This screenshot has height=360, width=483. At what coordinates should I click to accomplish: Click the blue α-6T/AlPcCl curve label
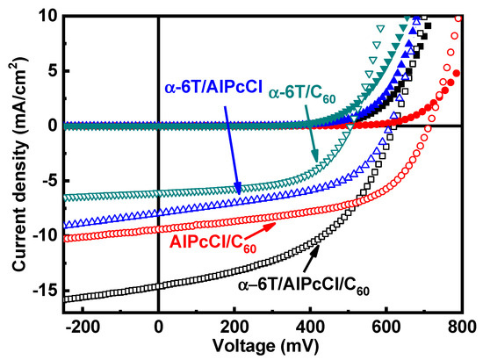[213, 88]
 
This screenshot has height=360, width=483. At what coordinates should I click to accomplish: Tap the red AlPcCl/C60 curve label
[213, 243]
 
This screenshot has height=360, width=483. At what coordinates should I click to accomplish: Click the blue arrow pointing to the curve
[232, 150]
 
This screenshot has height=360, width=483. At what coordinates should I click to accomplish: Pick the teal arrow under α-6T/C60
[312, 133]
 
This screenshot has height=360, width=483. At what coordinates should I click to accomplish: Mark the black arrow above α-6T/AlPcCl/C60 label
[311, 258]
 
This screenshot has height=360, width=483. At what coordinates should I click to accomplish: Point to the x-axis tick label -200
[83, 327]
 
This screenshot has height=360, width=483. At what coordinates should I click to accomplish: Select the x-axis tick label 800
[462, 327]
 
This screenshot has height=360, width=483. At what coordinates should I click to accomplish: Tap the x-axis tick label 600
[386, 327]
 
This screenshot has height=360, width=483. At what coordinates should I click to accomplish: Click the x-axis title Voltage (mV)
[265, 346]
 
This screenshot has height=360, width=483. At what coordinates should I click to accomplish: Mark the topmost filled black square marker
[429, 25]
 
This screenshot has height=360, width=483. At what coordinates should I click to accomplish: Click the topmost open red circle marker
[458, 18]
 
